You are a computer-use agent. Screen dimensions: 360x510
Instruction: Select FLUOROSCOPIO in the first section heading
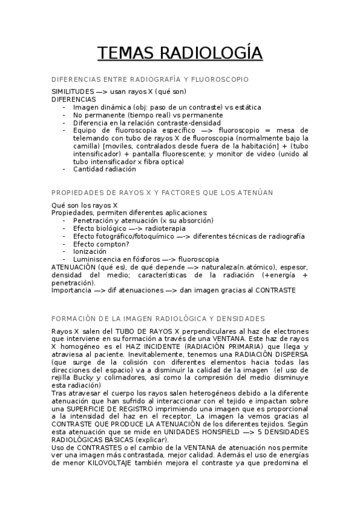[x=224, y=79]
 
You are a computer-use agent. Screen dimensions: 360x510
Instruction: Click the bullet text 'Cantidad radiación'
[x=105, y=169]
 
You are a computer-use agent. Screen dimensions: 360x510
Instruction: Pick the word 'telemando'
[x=91, y=138]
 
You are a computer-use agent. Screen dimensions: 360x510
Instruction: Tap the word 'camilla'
[x=86, y=146]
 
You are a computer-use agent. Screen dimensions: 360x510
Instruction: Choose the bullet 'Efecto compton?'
[x=100, y=244]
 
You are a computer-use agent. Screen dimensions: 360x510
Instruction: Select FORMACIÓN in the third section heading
[x=75, y=318]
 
